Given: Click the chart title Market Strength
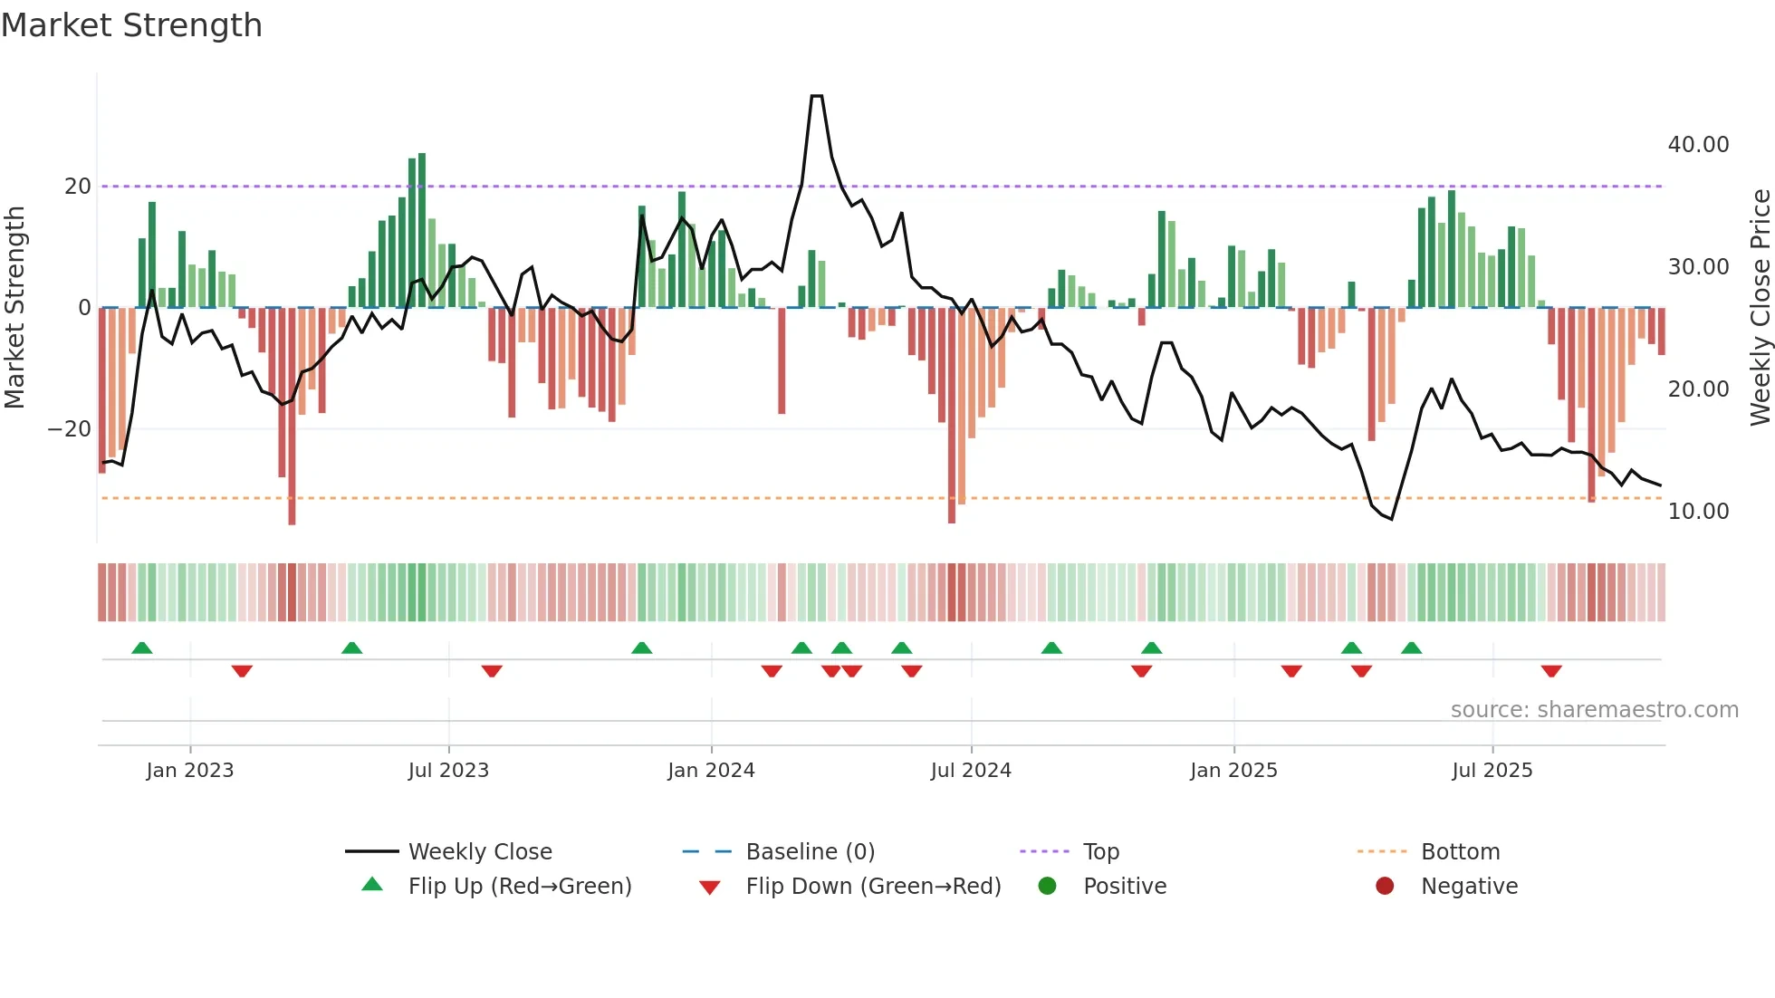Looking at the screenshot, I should pyautogui.click(x=131, y=25).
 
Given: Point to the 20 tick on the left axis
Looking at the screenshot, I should pyautogui.click(x=78, y=187).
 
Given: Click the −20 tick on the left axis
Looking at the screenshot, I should pyautogui.click(x=70, y=429).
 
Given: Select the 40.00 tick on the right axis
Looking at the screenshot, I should pyautogui.click(x=1698, y=145).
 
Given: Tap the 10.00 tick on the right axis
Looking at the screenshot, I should pyautogui.click(x=1698, y=512).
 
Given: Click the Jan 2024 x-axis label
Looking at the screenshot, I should pyautogui.click(x=711, y=771).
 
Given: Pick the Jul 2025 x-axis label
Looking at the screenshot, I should pyautogui.click(x=1492, y=771).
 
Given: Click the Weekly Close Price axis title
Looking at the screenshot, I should pyautogui.click(x=1760, y=308).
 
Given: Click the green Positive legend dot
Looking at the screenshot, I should pyautogui.click(x=1047, y=887).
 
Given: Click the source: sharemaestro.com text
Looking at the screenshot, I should pyautogui.click(x=1594, y=710).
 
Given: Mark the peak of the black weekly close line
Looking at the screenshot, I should pyautogui.click(x=816, y=96).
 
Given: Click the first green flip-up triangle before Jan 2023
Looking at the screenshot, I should pyautogui.click(x=142, y=648).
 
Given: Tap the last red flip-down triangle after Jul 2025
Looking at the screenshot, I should pyautogui.click(x=1551, y=671).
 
